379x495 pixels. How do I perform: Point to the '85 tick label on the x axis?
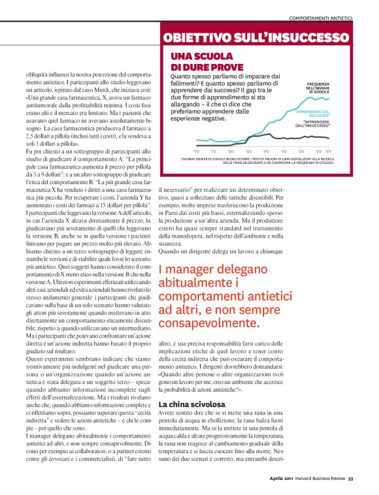[x=248, y=151]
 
